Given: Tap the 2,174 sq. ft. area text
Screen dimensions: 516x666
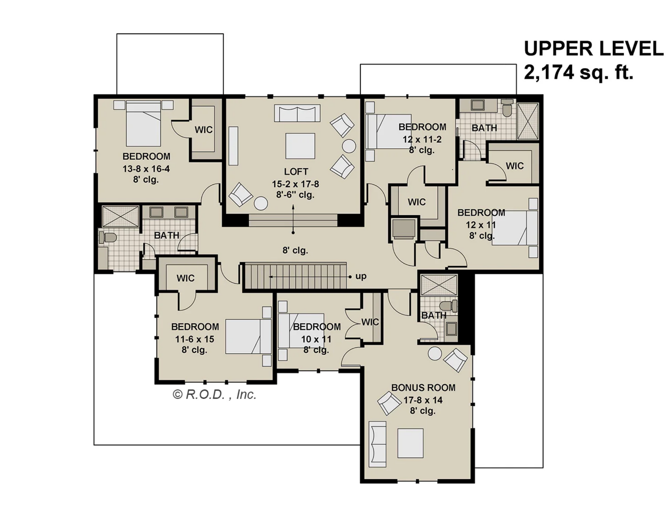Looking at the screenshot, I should click(x=578, y=73).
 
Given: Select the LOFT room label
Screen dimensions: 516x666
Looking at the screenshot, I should click(x=296, y=172).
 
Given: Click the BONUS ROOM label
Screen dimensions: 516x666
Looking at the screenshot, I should click(x=423, y=388).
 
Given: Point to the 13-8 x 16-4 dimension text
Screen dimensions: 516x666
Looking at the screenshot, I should click(x=146, y=169).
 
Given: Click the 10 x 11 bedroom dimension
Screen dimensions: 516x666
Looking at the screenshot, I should click(x=316, y=339).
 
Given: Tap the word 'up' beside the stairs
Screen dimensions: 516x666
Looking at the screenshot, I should click(x=361, y=276).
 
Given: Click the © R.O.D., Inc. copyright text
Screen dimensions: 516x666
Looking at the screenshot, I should click(x=214, y=395).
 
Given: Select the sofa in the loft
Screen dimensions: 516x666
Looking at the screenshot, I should click(x=297, y=113).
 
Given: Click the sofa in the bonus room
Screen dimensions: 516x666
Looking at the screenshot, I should click(x=377, y=444).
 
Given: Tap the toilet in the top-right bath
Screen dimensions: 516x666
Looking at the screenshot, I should click(x=507, y=108).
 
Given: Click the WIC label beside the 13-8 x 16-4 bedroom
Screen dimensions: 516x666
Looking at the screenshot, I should click(x=203, y=130).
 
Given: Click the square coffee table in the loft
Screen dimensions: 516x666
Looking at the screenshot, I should click(x=300, y=146).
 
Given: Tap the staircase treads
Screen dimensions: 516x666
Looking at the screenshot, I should click(x=295, y=276).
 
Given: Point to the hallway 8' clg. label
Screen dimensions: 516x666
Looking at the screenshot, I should click(x=295, y=250).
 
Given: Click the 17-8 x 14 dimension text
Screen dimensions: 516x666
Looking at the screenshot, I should click(x=423, y=400).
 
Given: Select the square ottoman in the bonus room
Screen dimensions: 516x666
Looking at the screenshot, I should click(x=410, y=443).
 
